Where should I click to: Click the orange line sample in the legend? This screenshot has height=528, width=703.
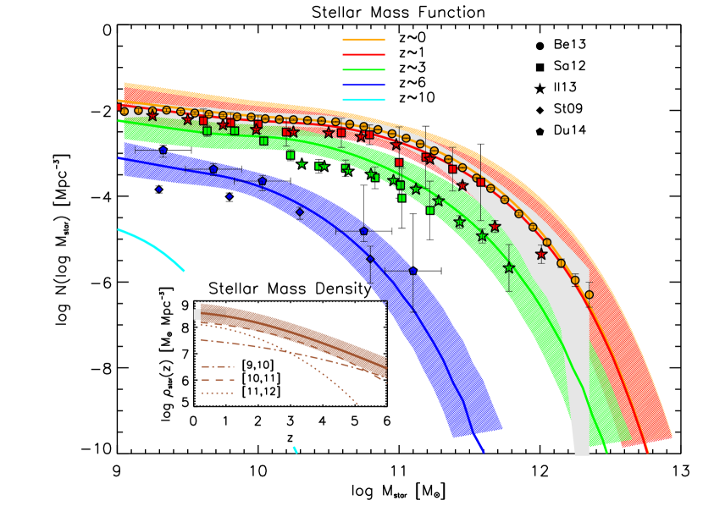tap(363, 40)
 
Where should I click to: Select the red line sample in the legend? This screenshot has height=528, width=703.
tap(363, 54)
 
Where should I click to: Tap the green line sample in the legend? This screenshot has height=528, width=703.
tap(363, 69)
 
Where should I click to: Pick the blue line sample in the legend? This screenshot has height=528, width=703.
tap(363, 85)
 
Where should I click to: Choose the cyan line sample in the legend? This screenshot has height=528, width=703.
tap(363, 100)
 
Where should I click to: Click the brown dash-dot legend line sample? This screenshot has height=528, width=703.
tap(218, 367)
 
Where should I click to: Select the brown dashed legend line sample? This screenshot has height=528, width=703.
tap(218, 380)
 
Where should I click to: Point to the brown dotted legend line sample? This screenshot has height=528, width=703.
tap(218, 393)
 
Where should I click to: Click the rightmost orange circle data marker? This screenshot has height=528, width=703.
tap(590, 294)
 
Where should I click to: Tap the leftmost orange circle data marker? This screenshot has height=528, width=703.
tap(125, 112)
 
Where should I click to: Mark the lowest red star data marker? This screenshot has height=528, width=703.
tap(541, 254)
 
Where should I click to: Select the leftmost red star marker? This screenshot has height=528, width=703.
tap(152, 115)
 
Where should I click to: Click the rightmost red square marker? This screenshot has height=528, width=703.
tap(480, 182)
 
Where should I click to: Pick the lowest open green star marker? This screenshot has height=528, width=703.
tap(509, 267)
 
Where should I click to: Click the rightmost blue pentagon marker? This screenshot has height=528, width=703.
tap(413, 271)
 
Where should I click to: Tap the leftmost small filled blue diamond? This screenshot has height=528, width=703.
tap(158, 190)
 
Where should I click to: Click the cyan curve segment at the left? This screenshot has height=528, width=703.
tap(152, 246)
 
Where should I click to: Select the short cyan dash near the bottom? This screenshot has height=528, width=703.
tap(295, 449)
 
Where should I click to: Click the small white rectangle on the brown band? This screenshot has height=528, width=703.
tap(197, 315)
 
